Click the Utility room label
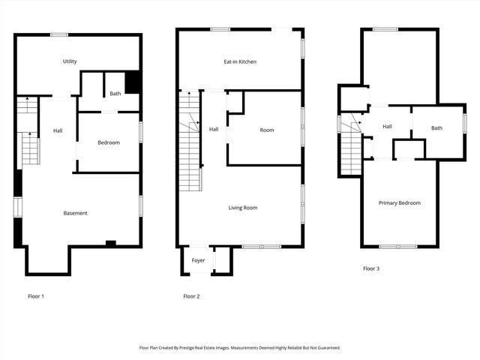[70, 61]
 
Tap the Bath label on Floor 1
[115, 94]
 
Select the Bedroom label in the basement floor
[109, 142]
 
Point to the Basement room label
[75, 213]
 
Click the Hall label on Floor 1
[58, 131]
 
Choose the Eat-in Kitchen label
[240, 61]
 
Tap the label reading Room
[267, 130]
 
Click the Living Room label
[243, 208]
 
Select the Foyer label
[198, 260]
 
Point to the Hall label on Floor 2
[214, 130]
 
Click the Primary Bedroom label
[399, 202]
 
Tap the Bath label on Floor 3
[436, 128]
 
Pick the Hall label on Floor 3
[387, 127]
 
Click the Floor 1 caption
[35, 296]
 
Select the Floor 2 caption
[192, 296]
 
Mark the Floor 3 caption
[371, 268]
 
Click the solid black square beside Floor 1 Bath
[133, 82]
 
